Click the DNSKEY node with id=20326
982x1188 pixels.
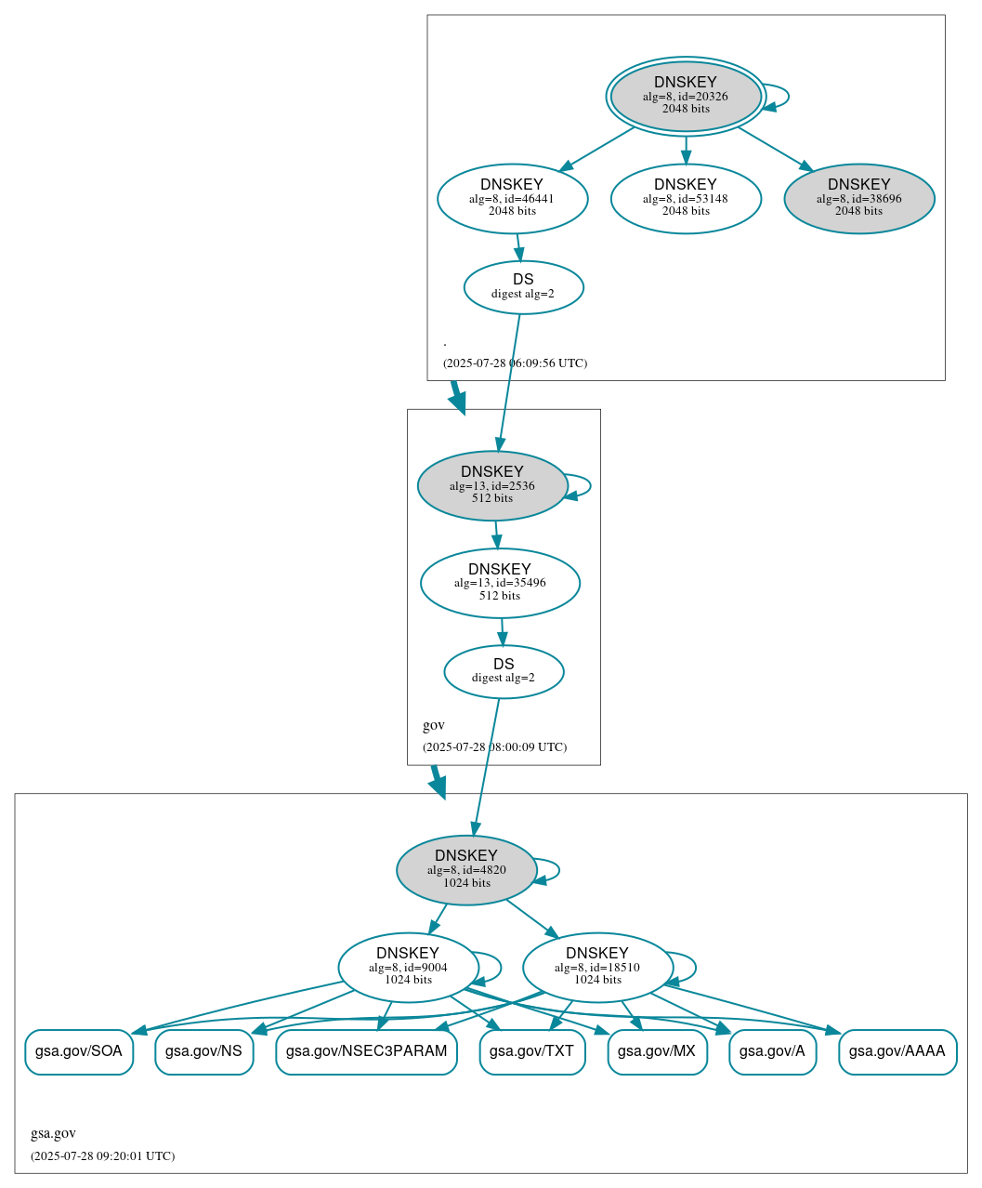[x=686, y=96]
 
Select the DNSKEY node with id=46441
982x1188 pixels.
[x=512, y=198]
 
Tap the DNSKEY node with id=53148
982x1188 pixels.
[x=686, y=198]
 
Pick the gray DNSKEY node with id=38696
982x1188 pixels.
[x=859, y=198]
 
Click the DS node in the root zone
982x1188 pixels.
[x=523, y=287]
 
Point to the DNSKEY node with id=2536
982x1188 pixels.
[x=492, y=485]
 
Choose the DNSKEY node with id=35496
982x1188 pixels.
[x=500, y=583]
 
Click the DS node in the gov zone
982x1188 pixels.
[x=504, y=671]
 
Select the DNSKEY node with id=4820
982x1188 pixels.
[x=466, y=870]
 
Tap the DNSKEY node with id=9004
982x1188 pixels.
[x=408, y=968]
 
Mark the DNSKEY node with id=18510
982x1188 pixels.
[x=597, y=968]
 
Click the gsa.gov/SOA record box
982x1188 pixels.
[x=79, y=1052]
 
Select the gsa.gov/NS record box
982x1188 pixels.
[x=203, y=1052]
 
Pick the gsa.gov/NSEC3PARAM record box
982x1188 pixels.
[x=366, y=1052]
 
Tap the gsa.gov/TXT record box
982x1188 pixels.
[x=531, y=1052]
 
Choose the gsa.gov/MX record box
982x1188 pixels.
[x=657, y=1052]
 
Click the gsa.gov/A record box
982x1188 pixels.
[x=772, y=1052]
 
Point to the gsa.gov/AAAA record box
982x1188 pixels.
[x=897, y=1052]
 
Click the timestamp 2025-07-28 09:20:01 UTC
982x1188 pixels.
[x=102, y=1156]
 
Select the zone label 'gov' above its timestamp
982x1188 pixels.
[x=434, y=725]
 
